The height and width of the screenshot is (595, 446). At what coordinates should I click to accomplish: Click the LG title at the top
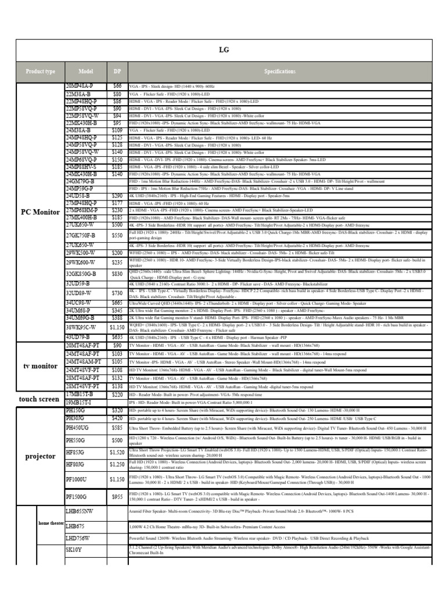(x=224, y=50)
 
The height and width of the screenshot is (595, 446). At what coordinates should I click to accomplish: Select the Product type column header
(x=41, y=71)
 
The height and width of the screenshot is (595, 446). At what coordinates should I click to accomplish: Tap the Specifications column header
(x=280, y=71)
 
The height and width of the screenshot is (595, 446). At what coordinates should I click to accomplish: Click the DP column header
(x=117, y=71)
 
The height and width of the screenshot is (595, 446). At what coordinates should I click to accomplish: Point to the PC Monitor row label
(x=41, y=212)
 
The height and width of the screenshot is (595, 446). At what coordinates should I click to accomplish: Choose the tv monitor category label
(x=41, y=366)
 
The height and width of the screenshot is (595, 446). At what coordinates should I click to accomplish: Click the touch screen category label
(x=39, y=399)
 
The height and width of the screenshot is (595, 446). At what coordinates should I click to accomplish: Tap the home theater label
(x=51, y=523)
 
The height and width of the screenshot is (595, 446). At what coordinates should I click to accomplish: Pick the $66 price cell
(x=117, y=86)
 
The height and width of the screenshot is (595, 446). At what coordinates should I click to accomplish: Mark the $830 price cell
(x=117, y=273)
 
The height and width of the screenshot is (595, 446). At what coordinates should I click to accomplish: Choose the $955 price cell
(x=117, y=497)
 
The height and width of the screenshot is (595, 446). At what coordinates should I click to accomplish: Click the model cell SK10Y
(x=74, y=549)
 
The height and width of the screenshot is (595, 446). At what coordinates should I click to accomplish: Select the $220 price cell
(x=117, y=395)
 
